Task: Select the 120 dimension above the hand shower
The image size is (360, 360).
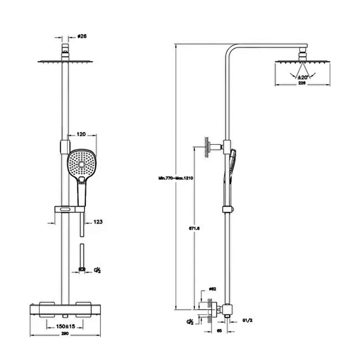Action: point(81,134)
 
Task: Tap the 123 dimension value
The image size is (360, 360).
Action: point(98,222)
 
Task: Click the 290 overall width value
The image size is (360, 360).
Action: point(65,334)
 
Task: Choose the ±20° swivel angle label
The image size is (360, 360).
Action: point(302,77)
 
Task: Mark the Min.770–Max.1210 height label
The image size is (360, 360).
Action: point(175,178)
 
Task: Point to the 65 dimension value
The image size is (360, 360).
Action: point(220,331)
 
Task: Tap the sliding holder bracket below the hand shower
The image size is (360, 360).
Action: point(69,209)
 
